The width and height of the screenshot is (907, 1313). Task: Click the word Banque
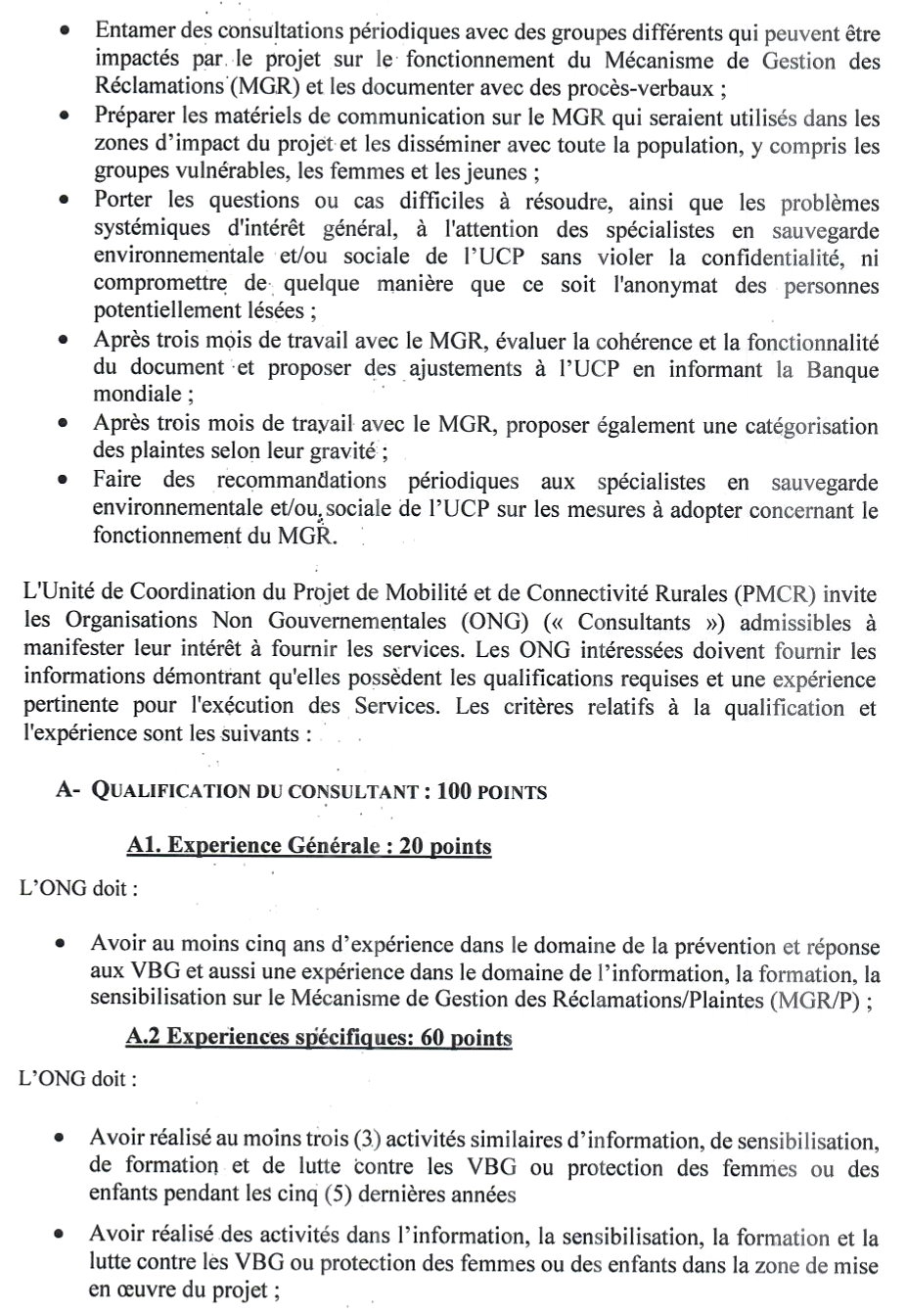(x=842, y=370)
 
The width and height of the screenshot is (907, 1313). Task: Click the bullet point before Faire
(x=64, y=480)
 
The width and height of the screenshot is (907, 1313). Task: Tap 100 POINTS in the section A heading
(x=492, y=791)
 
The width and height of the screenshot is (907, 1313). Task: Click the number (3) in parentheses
(x=365, y=1140)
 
